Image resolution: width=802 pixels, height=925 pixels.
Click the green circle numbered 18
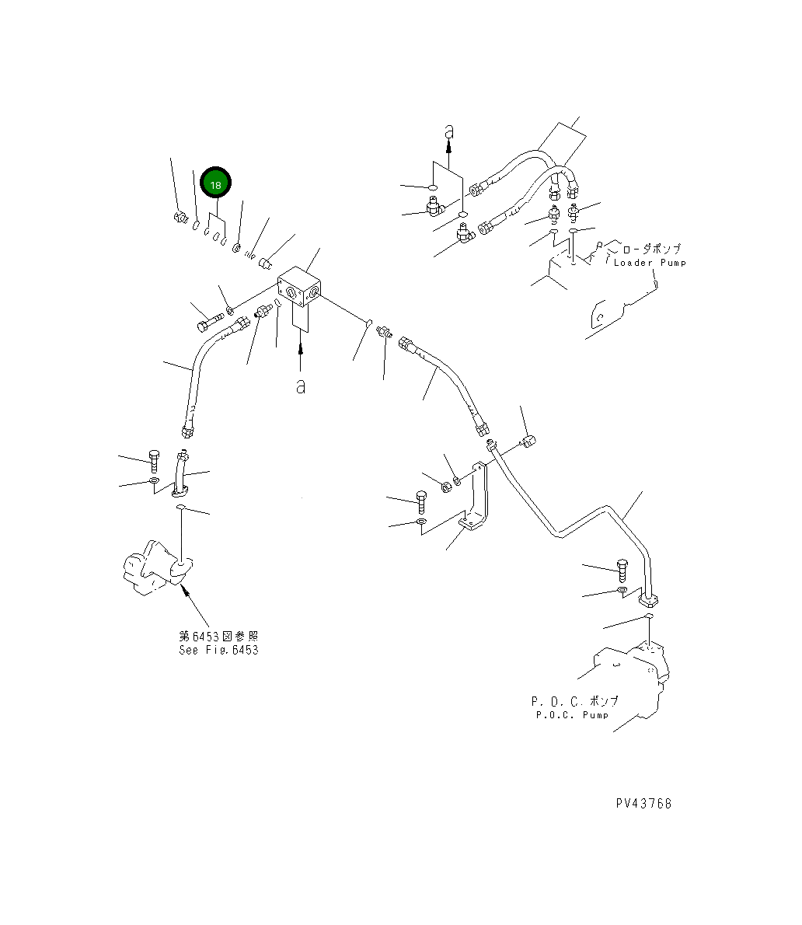216,184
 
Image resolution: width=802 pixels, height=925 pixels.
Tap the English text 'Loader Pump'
650,263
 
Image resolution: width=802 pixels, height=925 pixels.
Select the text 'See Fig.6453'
218,650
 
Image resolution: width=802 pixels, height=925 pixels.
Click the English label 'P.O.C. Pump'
572,714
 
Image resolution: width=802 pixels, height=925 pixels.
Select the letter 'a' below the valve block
300,386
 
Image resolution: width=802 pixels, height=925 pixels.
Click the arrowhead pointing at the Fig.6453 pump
183,590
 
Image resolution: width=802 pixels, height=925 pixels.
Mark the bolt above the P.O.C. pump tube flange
622,569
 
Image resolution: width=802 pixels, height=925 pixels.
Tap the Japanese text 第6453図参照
218,636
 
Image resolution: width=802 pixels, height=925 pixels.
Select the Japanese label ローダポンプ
650,249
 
